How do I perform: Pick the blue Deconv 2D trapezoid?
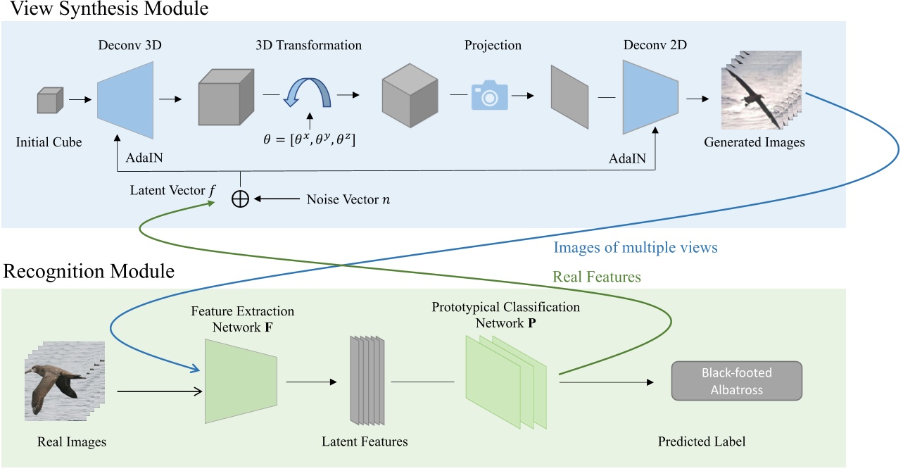point(650,97)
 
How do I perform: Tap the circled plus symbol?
point(241,199)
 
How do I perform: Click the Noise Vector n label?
point(348,199)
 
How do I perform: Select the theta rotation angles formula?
point(309,139)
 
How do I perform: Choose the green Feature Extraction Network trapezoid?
point(239,381)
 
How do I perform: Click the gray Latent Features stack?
point(367,381)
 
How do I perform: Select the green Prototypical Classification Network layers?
point(505,381)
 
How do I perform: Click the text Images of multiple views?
point(636,247)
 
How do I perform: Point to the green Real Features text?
point(597,277)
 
